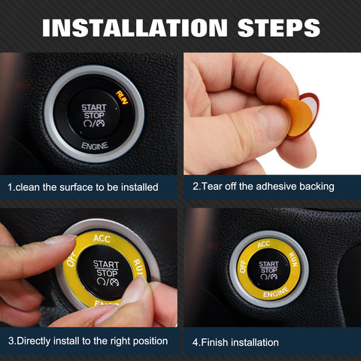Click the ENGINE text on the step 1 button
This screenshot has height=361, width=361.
[x=94, y=142]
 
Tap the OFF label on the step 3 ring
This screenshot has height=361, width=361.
[x=72, y=259]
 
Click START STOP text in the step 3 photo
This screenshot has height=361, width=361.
[x=105, y=268]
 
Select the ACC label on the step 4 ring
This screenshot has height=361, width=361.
[x=263, y=244]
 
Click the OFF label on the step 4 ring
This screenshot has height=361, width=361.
[x=243, y=265]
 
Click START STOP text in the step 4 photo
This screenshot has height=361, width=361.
[x=268, y=267]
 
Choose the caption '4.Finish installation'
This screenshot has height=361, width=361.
[x=235, y=342]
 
